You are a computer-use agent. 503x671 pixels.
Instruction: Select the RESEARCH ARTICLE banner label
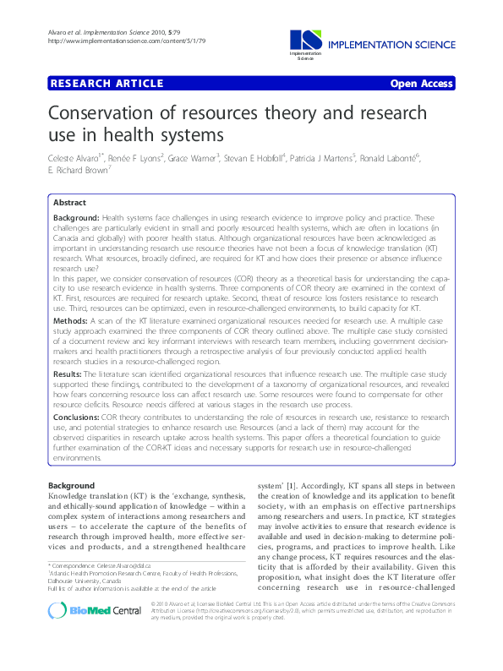(x=107, y=84)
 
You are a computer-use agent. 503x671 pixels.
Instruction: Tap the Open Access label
(x=422, y=84)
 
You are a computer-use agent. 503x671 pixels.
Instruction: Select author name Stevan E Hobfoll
(x=262, y=158)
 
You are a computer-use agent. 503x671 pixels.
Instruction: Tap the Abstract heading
(x=69, y=204)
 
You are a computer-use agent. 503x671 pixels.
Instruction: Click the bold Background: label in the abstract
(x=76, y=218)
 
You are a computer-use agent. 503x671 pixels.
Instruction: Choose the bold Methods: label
(x=70, y=322)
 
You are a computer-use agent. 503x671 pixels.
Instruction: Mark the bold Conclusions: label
(x=77, y=417)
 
